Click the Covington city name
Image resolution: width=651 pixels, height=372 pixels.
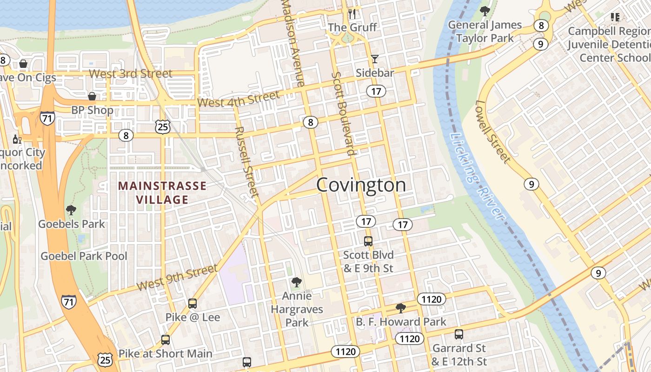tap(361, 185)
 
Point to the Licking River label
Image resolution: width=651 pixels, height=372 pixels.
tap(477, 177)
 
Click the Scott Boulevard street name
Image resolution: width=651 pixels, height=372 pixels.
tap(344, 113)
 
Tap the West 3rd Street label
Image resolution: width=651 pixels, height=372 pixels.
tap(130, 73)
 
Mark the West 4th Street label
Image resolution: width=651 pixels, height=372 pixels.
tap(239, 99)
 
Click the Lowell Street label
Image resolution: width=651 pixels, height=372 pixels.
tap(493, 132)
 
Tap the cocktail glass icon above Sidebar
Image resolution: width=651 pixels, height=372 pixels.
tap(374, 59)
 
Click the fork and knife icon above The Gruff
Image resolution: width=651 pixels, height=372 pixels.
tap(352, 13)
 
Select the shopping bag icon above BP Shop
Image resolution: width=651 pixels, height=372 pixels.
tap(92, 96)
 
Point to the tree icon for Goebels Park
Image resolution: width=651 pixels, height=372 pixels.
tap(71, 210)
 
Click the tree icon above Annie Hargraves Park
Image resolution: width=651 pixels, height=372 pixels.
tap(296, 282)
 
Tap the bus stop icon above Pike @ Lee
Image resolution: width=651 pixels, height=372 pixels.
tap(193, 304)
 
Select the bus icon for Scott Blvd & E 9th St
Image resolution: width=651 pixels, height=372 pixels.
tap(368, 241)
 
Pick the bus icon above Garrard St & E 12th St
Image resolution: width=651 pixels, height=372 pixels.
tap(459, 334)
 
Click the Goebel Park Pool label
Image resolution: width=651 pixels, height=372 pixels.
tap(84, 256)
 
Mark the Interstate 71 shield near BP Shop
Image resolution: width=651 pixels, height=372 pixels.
tap(47, 118)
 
